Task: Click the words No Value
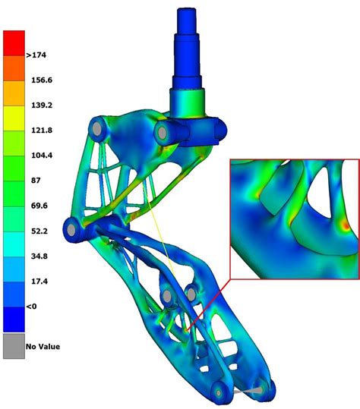pos(43,347)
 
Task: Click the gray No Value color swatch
pos(14,346)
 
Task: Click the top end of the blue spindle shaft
pos(189,12)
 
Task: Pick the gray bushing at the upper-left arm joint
pos(98,130)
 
